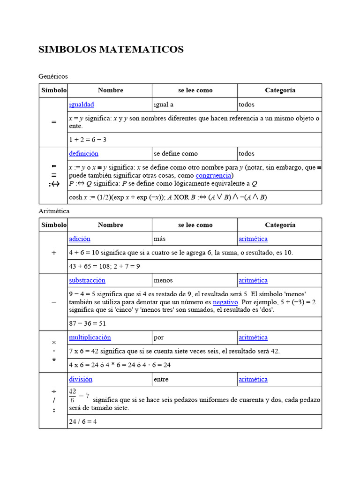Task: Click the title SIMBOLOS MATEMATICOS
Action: click(111, 50)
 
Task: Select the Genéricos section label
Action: click(53, 76)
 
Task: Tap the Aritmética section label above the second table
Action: click(54, 211)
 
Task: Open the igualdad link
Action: click(82, 104)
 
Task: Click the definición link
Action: click(83, 153)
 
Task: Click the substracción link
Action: click(87, 280)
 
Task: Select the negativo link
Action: click(225, 302)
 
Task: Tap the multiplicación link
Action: click(90, 337)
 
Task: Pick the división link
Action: click(81, 379)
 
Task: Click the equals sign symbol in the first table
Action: click(53, 122)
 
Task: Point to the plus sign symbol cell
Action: click(53, 253)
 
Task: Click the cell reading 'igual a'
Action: click(164, 104)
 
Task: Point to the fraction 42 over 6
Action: click(73, 395)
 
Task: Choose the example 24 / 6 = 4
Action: click(83, 421)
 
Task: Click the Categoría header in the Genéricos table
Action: click(280, 90)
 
